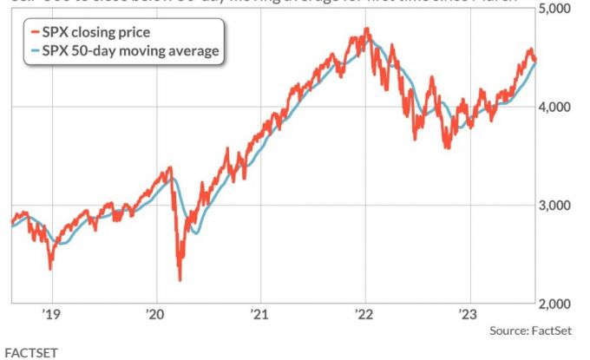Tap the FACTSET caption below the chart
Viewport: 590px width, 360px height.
(30, 352)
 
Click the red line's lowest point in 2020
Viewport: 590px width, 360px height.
(180, 279)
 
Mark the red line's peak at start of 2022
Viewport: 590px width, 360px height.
(367, 29)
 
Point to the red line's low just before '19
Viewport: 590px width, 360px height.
(49, 268)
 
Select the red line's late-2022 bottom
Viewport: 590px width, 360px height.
(448, 148)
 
